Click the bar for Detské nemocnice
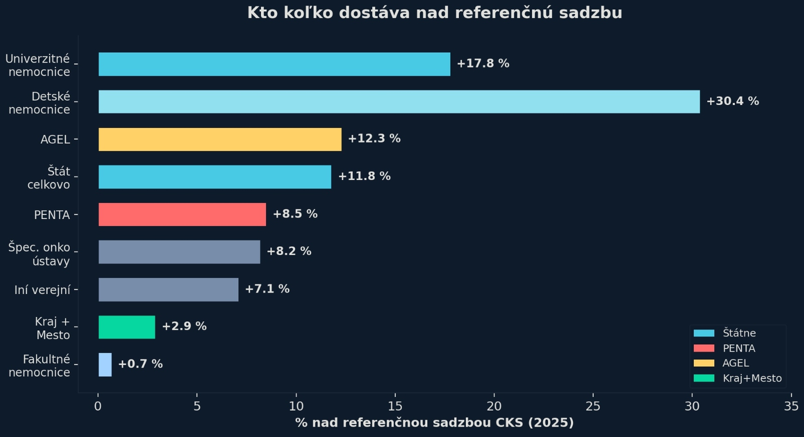click(x=399, y=102)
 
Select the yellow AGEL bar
click(x=220, y=139)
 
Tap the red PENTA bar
click(x=182, y=215)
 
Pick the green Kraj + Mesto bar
click(x=127, y=327)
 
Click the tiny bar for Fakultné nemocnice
click(x=105, y=365)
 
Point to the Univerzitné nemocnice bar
click(x=274, y=64)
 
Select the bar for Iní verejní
click(x=168, y=289)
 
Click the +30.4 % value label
click(x=732, y=101)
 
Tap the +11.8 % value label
click(x=364, y=177)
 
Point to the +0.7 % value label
click(x=140, y=364)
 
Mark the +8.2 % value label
click(x=288, y=251)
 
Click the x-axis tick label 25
click(x=593, y=406)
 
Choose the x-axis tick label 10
click(x=296, y=406)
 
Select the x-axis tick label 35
click(x=791, y=406)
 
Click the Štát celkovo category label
click(x=49, y=178)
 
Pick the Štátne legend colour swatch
click(x=703, y=333)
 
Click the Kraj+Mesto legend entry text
click(x=752, y=378)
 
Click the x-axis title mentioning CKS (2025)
click(x=434, y=422)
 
